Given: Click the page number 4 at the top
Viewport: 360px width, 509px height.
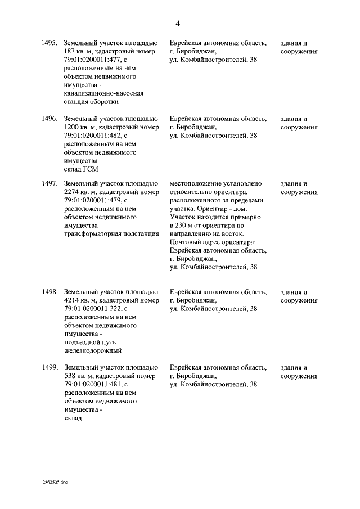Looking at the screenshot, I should [x=178, y=24].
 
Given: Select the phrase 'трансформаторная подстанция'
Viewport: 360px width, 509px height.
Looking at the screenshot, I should [x=111, y=235].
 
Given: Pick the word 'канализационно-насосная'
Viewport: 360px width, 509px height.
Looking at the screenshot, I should [x=104, y=94].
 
